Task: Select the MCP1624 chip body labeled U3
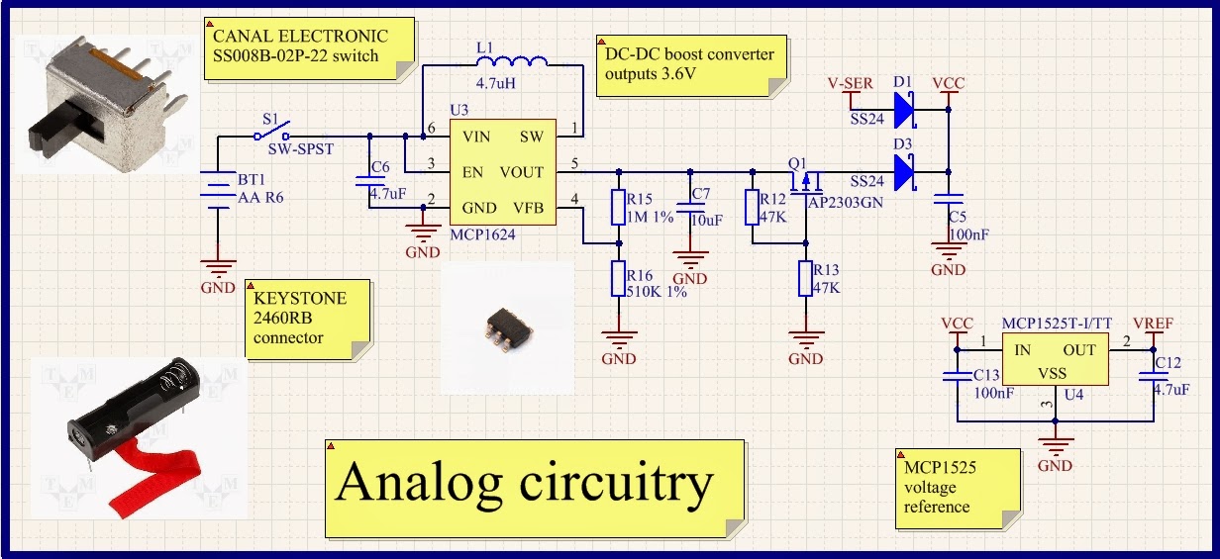click(501, 172)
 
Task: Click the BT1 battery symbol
click(216, 188)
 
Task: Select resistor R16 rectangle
click(619, 280)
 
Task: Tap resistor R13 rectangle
click(805, 280)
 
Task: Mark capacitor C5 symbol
click(949, 201)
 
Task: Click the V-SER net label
click(850, 84)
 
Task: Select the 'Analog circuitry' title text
click(525, 484)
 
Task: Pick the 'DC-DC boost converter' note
click(691, 64)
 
